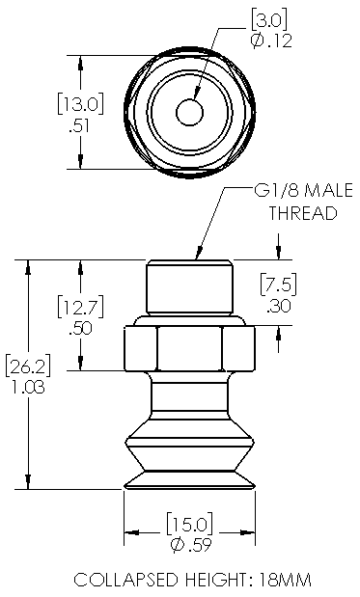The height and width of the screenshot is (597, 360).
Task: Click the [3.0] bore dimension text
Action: tap(268, 19)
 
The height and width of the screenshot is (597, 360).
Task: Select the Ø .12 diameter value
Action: tap(271, 41)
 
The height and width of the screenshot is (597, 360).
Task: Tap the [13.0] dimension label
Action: tap(80, 104)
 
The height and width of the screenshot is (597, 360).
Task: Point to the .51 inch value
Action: tap(79, 126)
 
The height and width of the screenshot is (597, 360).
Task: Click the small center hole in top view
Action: tap(189, 113)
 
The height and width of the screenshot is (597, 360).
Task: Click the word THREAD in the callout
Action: tap(304, 213)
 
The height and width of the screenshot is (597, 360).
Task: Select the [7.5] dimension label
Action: tap(279, 285)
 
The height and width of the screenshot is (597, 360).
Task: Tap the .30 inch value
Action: tap(279, 306)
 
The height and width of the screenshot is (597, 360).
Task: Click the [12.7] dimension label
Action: tap(80, 308)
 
